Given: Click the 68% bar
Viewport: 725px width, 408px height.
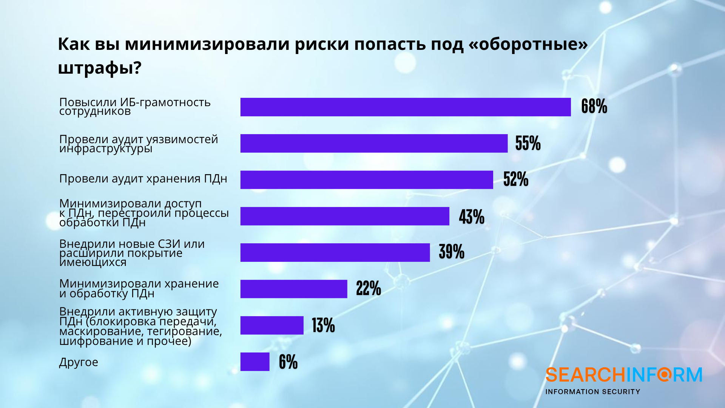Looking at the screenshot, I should pyautogui.click(x=406, y=107).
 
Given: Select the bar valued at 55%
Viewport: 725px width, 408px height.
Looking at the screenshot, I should pyautogui.click(x=374, y=143).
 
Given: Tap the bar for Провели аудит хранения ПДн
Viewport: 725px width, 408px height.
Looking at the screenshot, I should pyautogui.click(x=367, y=180).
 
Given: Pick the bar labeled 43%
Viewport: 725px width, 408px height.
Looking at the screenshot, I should pyautogui.click(x=345, y=216).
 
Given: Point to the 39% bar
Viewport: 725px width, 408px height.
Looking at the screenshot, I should pyautogui.click(x=335, y=252).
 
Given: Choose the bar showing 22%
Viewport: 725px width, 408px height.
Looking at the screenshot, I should pyautogui.click(x=294, y=289).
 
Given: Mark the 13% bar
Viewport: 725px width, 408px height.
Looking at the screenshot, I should pyautogui.click(x=272, y=325).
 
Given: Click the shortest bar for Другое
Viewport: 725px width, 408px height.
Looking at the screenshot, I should pyautogui.click(x=255, y=362).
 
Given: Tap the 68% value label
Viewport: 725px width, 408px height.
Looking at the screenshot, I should pyautogui.click(x=594, y=107).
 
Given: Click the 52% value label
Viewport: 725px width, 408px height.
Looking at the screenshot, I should pyautogui.click(x=516, y=179).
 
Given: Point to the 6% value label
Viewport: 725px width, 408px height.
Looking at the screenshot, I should pyautogui.click(x=288, y=362).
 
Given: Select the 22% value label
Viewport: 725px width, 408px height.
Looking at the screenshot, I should pyautogui.click(x=369, y=289).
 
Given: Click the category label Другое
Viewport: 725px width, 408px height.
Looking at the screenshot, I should pyautogui.click(x=79, y=362).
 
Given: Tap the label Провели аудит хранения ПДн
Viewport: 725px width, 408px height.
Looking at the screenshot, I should pyautogui.click(x=143, y=179).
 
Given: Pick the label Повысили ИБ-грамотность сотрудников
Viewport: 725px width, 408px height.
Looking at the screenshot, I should pyautogui.click(x=135, y=107).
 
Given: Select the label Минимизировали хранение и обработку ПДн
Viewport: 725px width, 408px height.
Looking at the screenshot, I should pyautogui.click(x=139, y=288).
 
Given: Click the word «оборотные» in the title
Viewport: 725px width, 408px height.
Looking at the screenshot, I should pyautogui.click(x=528, y=44).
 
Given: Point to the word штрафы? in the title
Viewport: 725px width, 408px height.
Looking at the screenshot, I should pyautogui.click(x=100, y=68).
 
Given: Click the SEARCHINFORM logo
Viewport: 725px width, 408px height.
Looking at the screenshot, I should pyautogui.click(x=623, y=375).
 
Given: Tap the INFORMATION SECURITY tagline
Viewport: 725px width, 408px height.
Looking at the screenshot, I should pyautogui.click(x=592, y=392).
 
